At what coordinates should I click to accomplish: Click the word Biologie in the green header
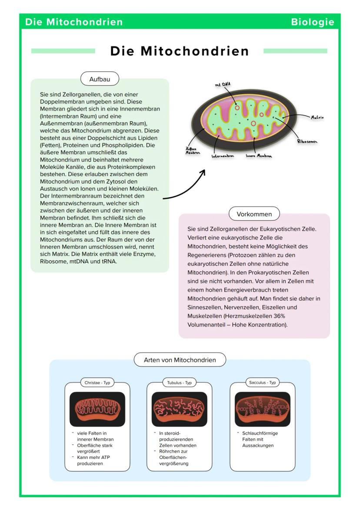[x=313, y=22]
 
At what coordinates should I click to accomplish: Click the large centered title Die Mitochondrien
[x=180, y=51]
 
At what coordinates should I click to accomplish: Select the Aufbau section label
[x=100, y=79]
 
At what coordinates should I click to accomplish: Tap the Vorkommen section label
[x=254, y=214]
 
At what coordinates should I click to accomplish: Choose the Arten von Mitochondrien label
[x=180, y=360]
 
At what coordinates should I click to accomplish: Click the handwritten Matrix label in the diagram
[x=317, y=117]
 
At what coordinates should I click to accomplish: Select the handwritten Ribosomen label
[x=307, y=141]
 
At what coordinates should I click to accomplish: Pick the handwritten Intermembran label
[x=223, y=156]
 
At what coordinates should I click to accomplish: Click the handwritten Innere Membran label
[x=259, y=156]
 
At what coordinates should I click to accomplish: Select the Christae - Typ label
[x=97, y=383]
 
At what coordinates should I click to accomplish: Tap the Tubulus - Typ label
[x=179, y=383]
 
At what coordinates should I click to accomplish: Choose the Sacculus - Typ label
[x=262, y=383]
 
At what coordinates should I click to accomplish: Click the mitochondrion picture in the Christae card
[x=97, y=409]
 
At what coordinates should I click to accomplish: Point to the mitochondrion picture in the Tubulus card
[x=179, y=409]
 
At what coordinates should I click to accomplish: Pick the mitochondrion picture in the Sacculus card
[x=262, y=409]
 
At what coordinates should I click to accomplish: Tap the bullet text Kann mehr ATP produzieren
[x=92, y=460]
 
